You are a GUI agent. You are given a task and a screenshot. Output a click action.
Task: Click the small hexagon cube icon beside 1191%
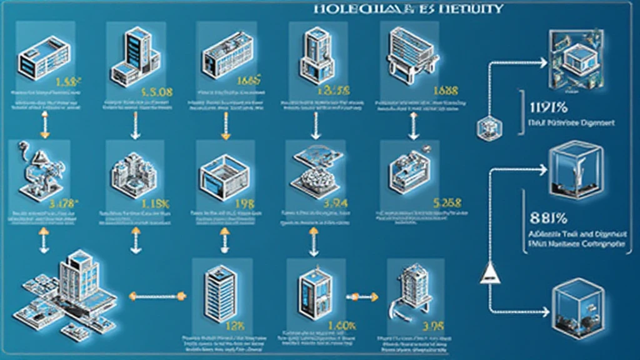click(x=487, y=128)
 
